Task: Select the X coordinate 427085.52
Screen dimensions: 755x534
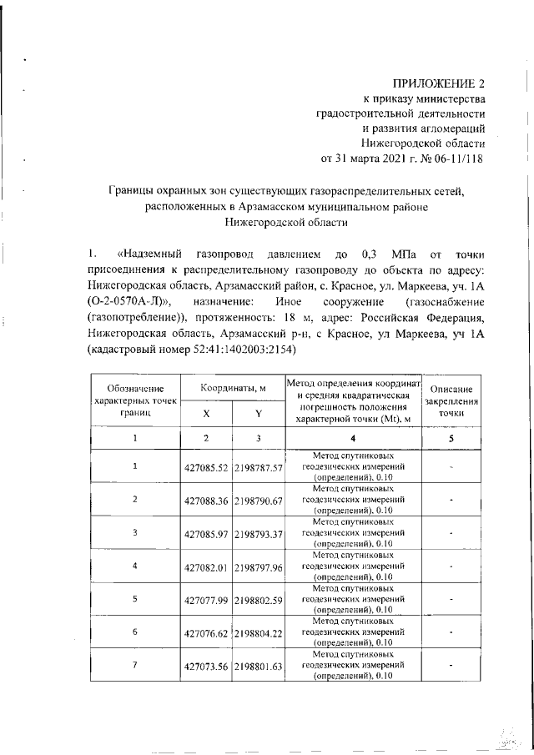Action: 205,467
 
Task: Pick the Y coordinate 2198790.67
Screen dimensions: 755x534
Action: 259,500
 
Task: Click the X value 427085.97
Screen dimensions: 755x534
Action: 205,533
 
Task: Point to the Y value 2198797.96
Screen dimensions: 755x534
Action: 259,566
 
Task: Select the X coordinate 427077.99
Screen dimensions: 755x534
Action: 205,599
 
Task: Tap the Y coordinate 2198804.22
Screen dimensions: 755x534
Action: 259,632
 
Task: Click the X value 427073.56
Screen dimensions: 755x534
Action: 205,666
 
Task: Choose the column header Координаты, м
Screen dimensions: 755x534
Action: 233,389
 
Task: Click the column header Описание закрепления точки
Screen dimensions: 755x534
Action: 451,401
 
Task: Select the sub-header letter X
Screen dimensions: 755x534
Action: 206,413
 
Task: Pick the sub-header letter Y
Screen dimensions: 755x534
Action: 259,413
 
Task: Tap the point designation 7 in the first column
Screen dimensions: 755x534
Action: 135,665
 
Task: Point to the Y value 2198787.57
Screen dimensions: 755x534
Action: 259,467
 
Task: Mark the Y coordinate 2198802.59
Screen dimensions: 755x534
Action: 259,599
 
